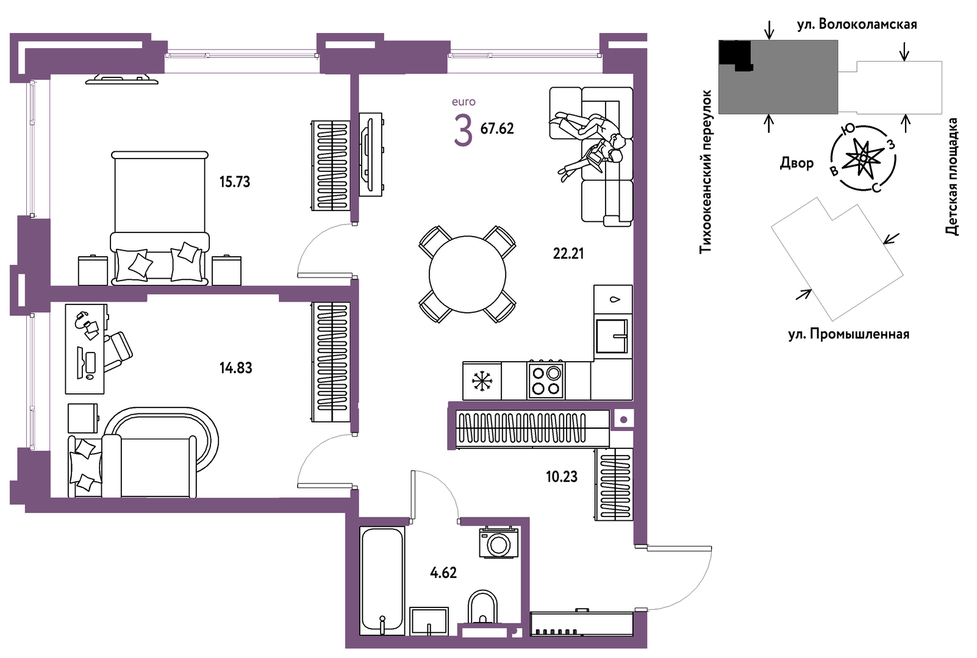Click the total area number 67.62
(497, 129)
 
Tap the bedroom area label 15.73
(235, 182)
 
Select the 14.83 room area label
(235, 368)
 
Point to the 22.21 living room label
(568, 253)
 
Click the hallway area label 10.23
(561, 477)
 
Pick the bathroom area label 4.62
(443, 573)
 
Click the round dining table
(467, 274)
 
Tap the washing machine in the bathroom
(499, 542)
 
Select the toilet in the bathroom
(482, 607)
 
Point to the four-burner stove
(546, 380)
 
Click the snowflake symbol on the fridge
(482, 381)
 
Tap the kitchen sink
(612, 335)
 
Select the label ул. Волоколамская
(857, 24)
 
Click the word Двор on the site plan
(797, 163)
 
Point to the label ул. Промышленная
(849, 334)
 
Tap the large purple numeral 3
(463, 130)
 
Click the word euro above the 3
(463, 102)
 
